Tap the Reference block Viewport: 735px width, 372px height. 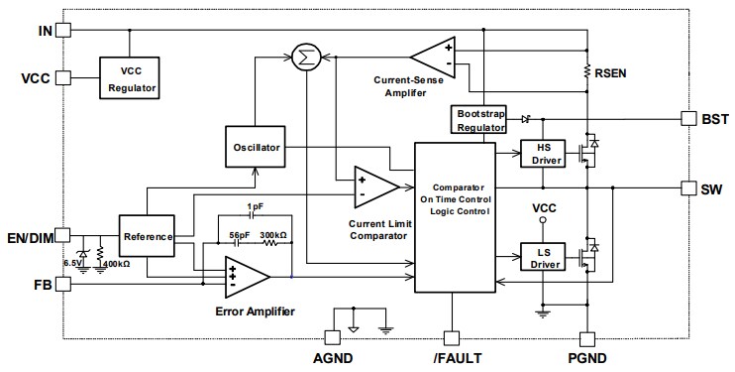coord(146,236)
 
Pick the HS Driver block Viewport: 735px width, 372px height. coord(542,154)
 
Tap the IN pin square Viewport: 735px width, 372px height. coord(62,30)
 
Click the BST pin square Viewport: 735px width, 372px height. coord(689,118)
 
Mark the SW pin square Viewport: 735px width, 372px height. coord(689,187)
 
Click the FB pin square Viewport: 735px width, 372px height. coord(62,285)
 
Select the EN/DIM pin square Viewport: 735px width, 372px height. coord(62,236)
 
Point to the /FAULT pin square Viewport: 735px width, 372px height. coord(453,338)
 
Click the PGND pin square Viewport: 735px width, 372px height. coord(586,338)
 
